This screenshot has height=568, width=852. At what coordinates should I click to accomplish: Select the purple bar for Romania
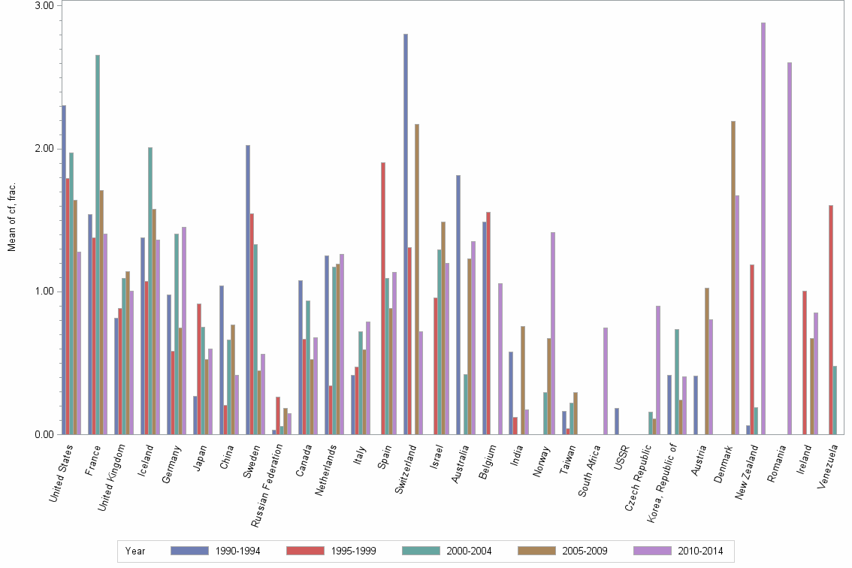pos(790,248)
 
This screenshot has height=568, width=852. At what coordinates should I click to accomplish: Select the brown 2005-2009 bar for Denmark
pos(733,277)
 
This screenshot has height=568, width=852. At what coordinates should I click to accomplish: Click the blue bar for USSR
pos(617,421)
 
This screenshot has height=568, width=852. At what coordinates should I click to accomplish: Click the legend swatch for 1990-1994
pos(189,551)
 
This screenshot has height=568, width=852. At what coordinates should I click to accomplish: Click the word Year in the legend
pos(136,551)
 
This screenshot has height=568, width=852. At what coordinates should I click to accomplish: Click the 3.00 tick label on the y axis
pos(45,6)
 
